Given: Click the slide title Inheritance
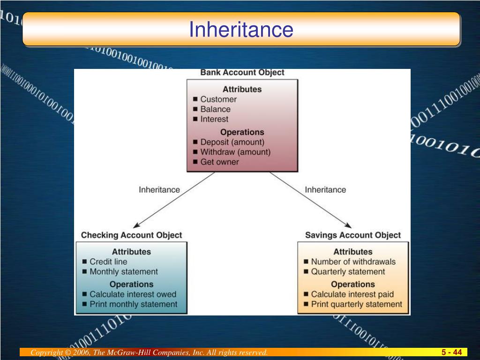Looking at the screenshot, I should [x=241, y=30].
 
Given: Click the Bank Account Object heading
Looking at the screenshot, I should [x=242, y=73].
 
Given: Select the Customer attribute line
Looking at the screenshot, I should [x=218, y=99].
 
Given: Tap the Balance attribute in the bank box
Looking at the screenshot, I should [x=215, y=109].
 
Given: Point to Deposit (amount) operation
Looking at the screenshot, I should [x=232, y=142].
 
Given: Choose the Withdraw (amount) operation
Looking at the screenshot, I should [x=235, y=152].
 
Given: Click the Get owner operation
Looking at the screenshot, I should [x=219, y=162].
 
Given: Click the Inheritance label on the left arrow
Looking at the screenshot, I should [x=159, y=190].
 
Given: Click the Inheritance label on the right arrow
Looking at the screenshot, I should [x=325, y=190].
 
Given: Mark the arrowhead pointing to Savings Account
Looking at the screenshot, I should [x=349, y=226].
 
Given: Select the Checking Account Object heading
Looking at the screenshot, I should [x=132, y=235].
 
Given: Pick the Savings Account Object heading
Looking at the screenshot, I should [x=353, y=235].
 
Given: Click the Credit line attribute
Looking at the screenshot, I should [x=108, y=262].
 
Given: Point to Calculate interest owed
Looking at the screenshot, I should [x=133, y=294].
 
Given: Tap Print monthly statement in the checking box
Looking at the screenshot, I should [x=133, y=304].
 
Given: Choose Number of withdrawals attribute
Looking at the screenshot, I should [x=353, y=262].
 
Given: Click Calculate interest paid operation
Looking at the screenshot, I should [x=352, y=294].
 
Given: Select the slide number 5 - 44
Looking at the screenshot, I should [x=451, y=352].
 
